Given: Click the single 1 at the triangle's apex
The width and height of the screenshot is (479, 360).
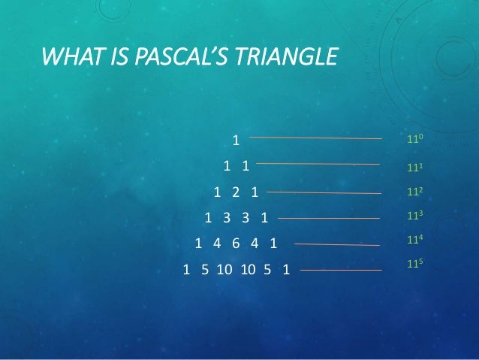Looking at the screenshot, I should point(236,140).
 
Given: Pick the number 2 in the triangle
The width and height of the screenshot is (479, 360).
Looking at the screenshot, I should point(236,192).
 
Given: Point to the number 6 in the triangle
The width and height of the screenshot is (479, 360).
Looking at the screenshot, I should point(236,244).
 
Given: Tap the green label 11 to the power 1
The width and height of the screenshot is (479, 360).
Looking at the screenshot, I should point(415,167).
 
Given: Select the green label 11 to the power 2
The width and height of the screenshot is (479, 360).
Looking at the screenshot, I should point(415,192).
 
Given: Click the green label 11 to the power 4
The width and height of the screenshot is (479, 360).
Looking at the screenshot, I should point(415,241).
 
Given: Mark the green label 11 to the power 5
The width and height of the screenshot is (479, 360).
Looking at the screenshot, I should point(415,265).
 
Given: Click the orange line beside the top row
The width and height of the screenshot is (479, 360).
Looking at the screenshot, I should point(315,138).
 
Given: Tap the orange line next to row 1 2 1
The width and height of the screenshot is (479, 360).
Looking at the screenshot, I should point(324,192).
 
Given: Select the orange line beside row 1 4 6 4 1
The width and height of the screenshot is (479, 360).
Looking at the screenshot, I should point(337,244).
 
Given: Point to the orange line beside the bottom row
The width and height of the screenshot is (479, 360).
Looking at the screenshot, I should point(341,269).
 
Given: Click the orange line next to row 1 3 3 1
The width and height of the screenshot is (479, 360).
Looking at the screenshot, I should point(329,219).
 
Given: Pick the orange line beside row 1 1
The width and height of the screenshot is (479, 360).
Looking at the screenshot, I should point(318,163).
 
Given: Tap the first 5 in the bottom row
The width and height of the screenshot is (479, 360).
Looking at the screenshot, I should point(204,269).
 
